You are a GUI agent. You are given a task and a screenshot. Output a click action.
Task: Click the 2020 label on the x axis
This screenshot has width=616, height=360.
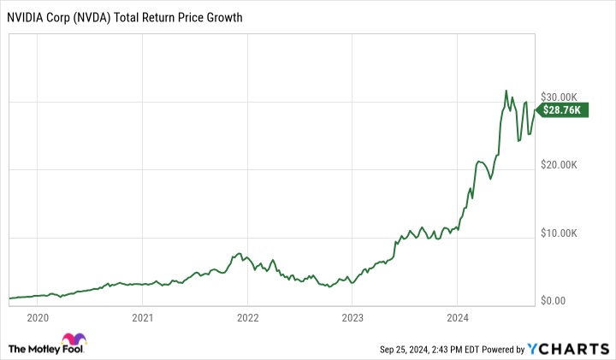click(38, 318)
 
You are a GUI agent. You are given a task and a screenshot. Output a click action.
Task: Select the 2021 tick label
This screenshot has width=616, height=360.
click(142, 318)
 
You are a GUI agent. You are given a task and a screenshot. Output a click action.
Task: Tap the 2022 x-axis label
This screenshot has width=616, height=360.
click(247, 318)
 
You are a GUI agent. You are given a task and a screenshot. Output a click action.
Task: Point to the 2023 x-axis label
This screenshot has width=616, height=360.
click(352, 318)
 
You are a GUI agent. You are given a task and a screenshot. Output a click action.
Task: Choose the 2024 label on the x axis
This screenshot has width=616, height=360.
click(456, 318)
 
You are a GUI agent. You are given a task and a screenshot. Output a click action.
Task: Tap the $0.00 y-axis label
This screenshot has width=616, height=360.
click(558, 301)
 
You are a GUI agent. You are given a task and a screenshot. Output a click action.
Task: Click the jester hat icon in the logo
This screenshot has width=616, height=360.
click(74, 339)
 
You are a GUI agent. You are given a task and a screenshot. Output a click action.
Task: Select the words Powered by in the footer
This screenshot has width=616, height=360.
click(508, 349)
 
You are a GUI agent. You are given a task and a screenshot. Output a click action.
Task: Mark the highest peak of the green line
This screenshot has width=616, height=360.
click(506, 91)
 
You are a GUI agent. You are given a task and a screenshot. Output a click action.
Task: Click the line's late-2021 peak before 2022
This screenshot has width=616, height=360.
click(240, 253)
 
